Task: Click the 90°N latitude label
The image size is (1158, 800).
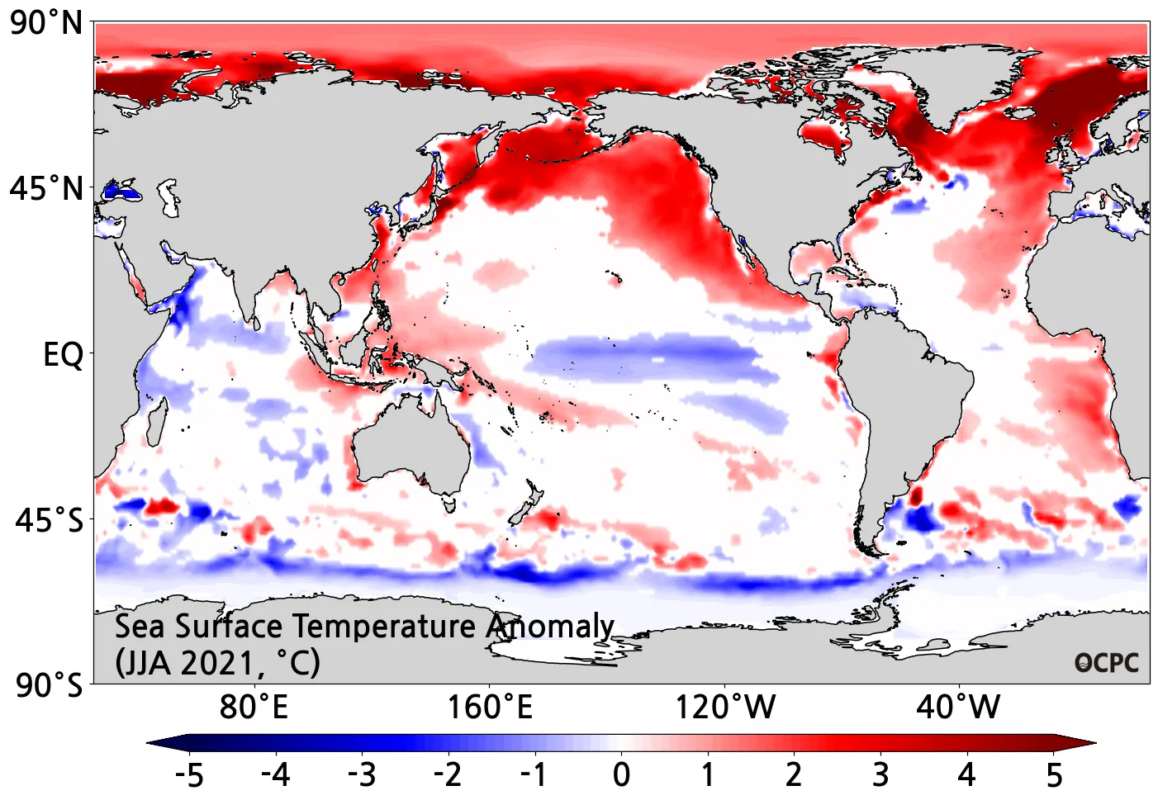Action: (x=47, y=23)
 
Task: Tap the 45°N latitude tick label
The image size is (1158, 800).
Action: (x=47, y=189)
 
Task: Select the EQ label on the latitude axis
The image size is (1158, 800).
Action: (x=63, y=355)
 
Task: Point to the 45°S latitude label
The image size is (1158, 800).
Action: (x=49, y=521)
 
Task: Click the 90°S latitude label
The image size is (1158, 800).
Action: (x=49, y=685)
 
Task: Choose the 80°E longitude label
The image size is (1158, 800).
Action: (x=254, y=708)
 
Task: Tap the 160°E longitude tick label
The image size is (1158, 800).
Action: (x=490, y=708)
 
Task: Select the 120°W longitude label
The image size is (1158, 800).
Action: (x=725, y=708)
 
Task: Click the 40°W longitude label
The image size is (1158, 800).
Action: (x=958, y=708)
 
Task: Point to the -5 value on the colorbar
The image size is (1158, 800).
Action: (x=189, y=775)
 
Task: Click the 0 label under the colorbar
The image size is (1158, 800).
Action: (x=621, y=775)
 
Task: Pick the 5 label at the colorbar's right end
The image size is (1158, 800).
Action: (x=1054, y=775)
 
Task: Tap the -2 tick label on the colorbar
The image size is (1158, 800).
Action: (x=448, y=775)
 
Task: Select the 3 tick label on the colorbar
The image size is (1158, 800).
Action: (x=880, y=775)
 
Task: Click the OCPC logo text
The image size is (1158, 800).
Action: (x=1106, y=663)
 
